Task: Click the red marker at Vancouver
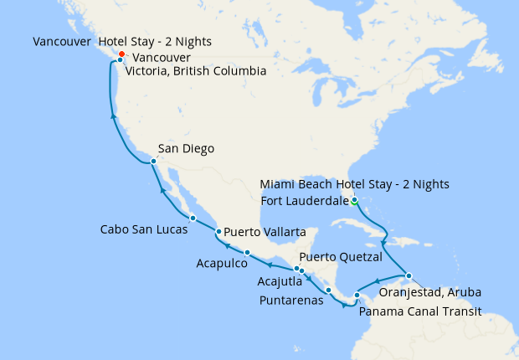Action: [122, 54]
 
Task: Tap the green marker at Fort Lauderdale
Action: [355, 200]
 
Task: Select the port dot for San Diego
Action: [153, 161]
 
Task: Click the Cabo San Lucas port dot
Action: [193, 218]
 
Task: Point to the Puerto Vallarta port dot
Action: [218, 232]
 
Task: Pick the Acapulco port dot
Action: [247, 252]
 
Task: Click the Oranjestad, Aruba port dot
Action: [409, 275]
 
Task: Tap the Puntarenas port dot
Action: [329, 291]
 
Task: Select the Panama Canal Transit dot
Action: [357, 295]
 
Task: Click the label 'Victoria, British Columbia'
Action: [195, 72]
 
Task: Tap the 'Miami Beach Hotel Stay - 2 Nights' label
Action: [354, 184]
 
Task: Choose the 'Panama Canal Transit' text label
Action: [420, 311]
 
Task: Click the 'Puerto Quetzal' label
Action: [341, 256]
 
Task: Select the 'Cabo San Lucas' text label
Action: [139, 229]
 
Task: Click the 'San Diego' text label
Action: [186, 149]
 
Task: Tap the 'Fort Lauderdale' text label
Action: [304, 200]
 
